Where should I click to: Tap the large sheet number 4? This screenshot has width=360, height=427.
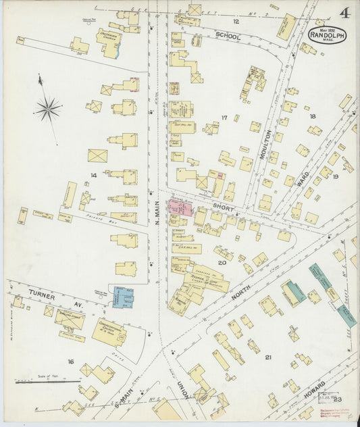(x=344, y=13)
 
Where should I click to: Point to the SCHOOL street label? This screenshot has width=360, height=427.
(x=228, y=37)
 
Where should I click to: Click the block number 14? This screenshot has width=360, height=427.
(x=94, y=176)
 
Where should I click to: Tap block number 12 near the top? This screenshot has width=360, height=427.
(x=217, y=22)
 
